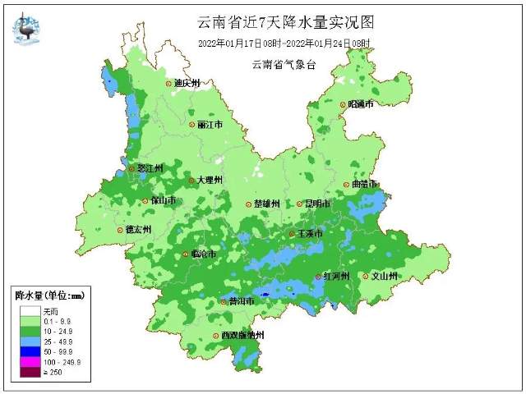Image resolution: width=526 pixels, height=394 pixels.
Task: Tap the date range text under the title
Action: point(284,43)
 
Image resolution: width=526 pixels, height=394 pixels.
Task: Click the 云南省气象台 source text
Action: point(284,64)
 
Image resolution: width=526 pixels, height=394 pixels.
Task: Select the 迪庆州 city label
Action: point(187,83)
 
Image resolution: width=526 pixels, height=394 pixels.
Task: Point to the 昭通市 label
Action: point(361,104)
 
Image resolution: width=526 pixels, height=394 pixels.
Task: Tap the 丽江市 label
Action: point(210,125)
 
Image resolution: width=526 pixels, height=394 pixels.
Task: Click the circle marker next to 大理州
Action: point(191,181)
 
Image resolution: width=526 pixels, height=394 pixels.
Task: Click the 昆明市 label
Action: point(317,204)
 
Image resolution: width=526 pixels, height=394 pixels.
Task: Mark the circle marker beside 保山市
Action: point(145,200)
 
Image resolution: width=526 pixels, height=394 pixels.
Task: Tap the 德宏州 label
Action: point(137,230)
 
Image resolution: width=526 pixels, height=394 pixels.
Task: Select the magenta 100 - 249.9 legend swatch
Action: point(26,362)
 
